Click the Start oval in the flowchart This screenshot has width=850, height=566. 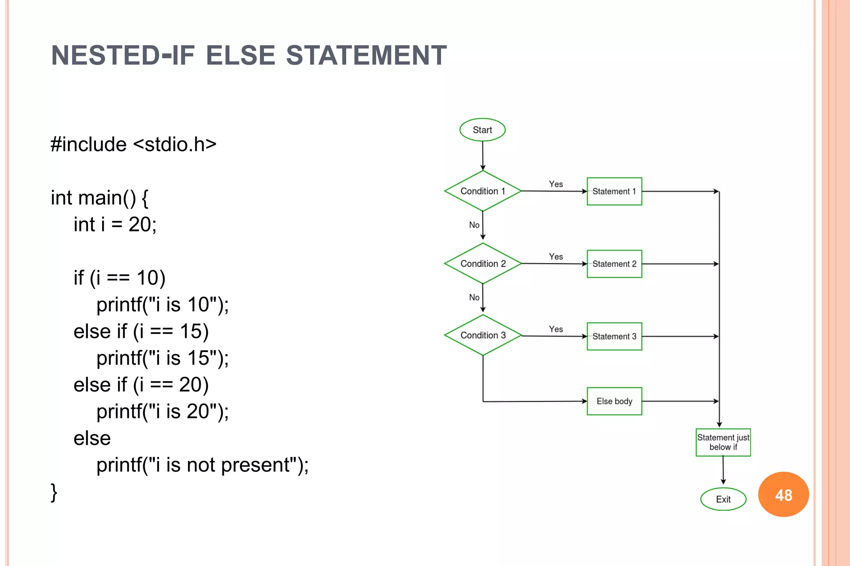coord(482,130)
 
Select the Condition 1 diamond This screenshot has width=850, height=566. coord(483,191)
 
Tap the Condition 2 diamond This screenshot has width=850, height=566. coord(483,264)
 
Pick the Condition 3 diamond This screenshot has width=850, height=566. coord(483,335)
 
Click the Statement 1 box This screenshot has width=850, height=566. coord(614,191)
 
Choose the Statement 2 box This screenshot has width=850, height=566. coord(614,264)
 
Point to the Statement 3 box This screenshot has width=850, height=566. coord(614,336)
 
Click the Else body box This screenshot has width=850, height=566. coord(614,401)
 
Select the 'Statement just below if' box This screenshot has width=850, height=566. coord(723,442)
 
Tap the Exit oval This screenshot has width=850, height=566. coord(723,499)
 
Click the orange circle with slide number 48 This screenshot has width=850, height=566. coord(783,495)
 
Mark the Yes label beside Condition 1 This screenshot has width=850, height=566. coord(556,184)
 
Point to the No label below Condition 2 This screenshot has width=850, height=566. coord(474,297)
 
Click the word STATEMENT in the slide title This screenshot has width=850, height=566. coord(366,56)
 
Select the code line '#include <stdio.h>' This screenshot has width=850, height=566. coord(133,144)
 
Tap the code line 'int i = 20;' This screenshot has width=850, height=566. coord(115,224)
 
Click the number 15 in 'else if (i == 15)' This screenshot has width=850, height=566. coord(191,331)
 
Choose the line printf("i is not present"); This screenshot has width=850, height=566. coord(203,465)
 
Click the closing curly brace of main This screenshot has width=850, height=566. coord(54,492)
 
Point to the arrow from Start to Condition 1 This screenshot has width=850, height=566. coord(483,155)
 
